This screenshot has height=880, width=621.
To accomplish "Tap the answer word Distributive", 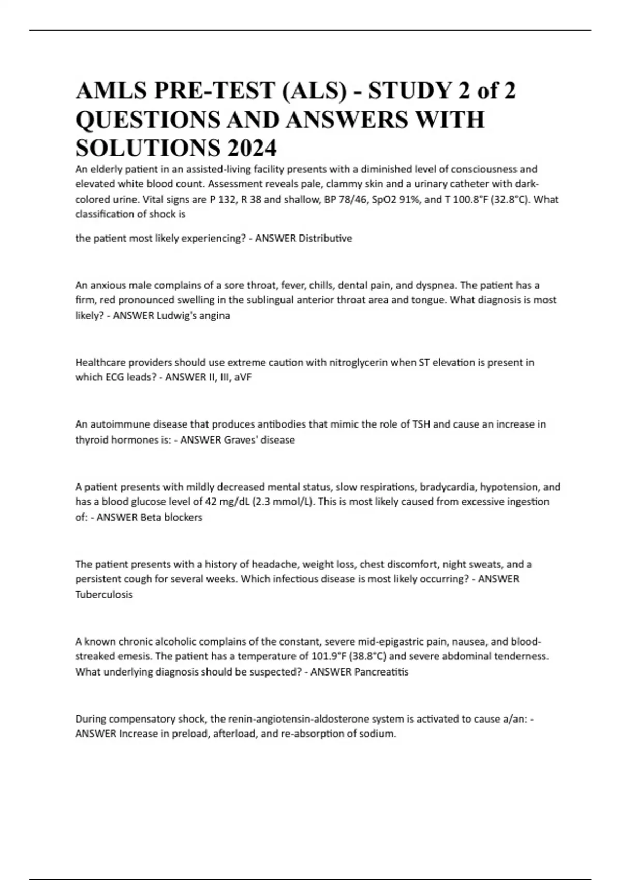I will point(326,238).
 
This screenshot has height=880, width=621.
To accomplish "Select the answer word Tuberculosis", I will point(104,595).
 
